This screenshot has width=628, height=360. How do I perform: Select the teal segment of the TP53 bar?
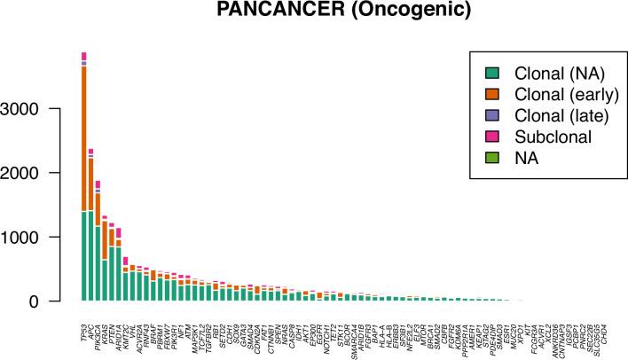[x=83, y=257]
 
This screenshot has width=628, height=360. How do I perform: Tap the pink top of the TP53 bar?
[x=83, y=56]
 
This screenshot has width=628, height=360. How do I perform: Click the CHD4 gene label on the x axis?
[x=605, y=314]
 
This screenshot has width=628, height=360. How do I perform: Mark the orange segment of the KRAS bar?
[x=105, y=239]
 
